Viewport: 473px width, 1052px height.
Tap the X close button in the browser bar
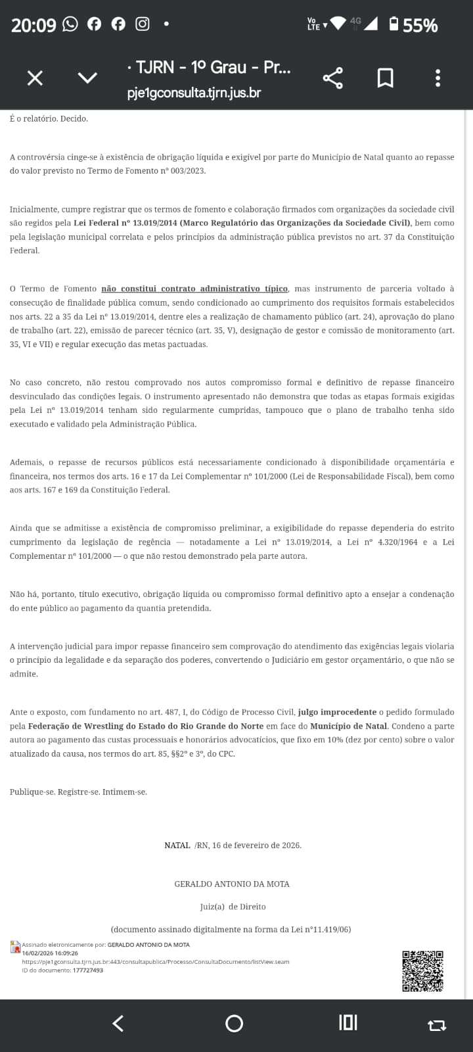coord(35,78)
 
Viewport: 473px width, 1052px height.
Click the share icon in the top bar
coord(333,78)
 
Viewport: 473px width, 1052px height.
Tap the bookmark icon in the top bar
coord(385,78)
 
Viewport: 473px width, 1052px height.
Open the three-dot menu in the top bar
coord(438,78)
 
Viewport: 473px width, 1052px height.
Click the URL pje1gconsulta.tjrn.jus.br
coord(194,93)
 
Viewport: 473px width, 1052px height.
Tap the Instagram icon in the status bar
coord(142,24)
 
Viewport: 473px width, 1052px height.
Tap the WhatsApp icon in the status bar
coord(70,24)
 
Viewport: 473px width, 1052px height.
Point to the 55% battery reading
coord(420,26)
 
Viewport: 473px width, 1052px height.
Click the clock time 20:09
coord(34,26)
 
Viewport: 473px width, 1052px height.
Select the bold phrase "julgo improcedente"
coord(337,712)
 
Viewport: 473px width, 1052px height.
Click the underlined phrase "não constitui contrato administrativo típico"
coord(194,289)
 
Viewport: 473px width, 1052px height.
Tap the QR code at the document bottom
coord(422,970)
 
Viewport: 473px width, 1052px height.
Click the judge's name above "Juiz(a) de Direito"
coord(232,884)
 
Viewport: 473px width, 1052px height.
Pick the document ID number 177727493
coord(88,970)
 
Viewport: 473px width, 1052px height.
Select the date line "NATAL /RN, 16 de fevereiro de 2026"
coord(233,846)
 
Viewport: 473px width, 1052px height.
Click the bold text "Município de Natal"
coord(349,726)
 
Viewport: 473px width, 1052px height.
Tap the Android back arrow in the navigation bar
coord(118,1023)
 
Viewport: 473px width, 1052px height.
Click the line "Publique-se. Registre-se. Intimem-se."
coord(78,792)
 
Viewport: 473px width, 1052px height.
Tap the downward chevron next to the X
coord(87,78)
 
